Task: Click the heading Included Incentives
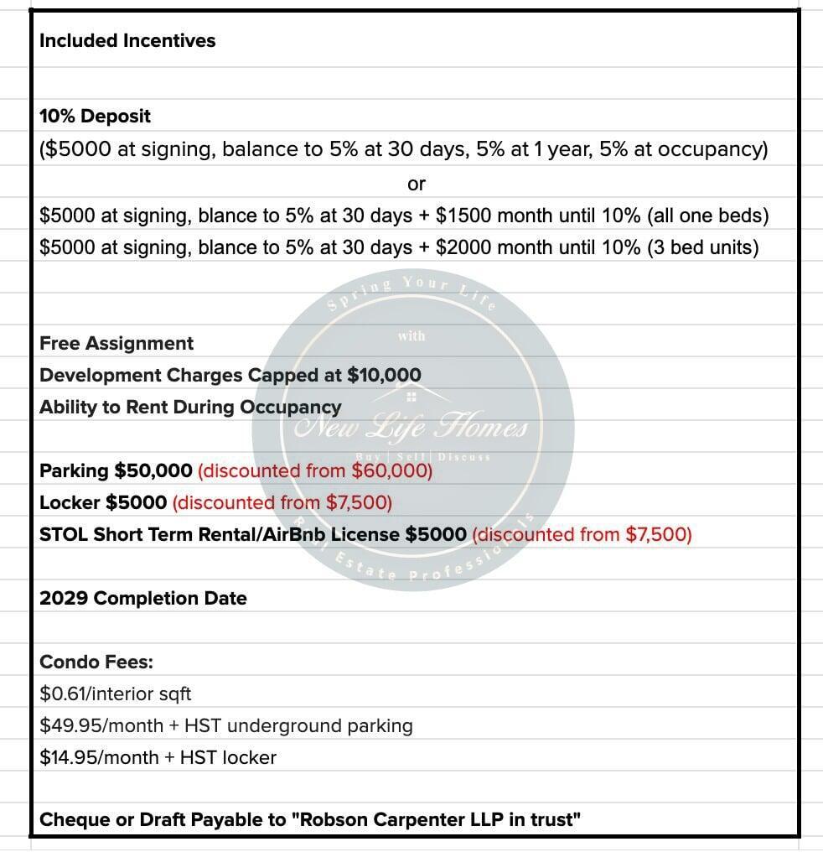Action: (127, 40)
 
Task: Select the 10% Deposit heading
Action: (95, 116)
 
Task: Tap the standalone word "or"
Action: (416, 183)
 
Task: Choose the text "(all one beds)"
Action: (707, 216)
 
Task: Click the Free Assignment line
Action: (116, 343)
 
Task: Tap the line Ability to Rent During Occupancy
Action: (190, 407)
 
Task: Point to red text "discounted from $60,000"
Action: (315, 470)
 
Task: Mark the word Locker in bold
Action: (70, 502)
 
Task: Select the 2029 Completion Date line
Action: (143, 598)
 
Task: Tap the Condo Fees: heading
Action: (96, 662)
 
